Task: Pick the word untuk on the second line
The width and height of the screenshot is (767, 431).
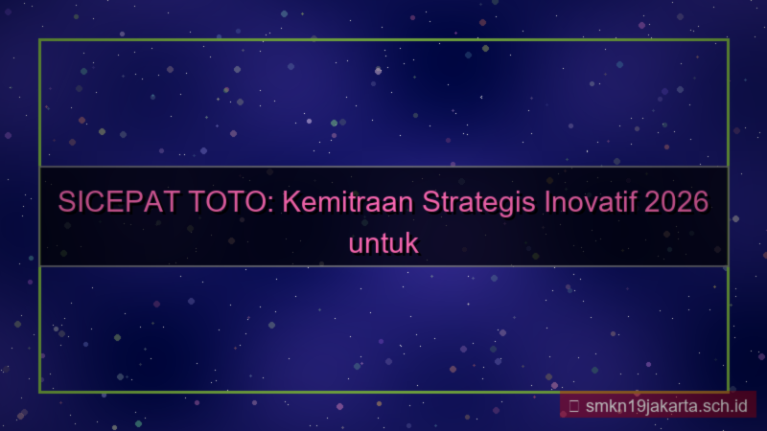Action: coord(383,242)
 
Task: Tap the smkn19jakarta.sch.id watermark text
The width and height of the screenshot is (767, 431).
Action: coord(665,405)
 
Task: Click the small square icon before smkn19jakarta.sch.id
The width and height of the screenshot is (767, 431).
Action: coord(573,405)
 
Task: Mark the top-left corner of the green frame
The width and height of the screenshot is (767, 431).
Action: coord(40,40)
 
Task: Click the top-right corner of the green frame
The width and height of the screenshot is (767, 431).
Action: coord(727,40)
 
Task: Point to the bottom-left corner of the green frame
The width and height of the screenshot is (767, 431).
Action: coord(40,391)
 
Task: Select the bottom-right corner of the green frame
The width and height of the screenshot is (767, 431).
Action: coord(727,391)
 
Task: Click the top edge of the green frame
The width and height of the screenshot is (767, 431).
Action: coord(383,40)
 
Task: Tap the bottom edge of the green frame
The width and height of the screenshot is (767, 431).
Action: coord(288,391)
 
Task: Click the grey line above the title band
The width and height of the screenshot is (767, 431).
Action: coord(383,167)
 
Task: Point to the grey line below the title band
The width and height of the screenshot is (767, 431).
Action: coord(383,265)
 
